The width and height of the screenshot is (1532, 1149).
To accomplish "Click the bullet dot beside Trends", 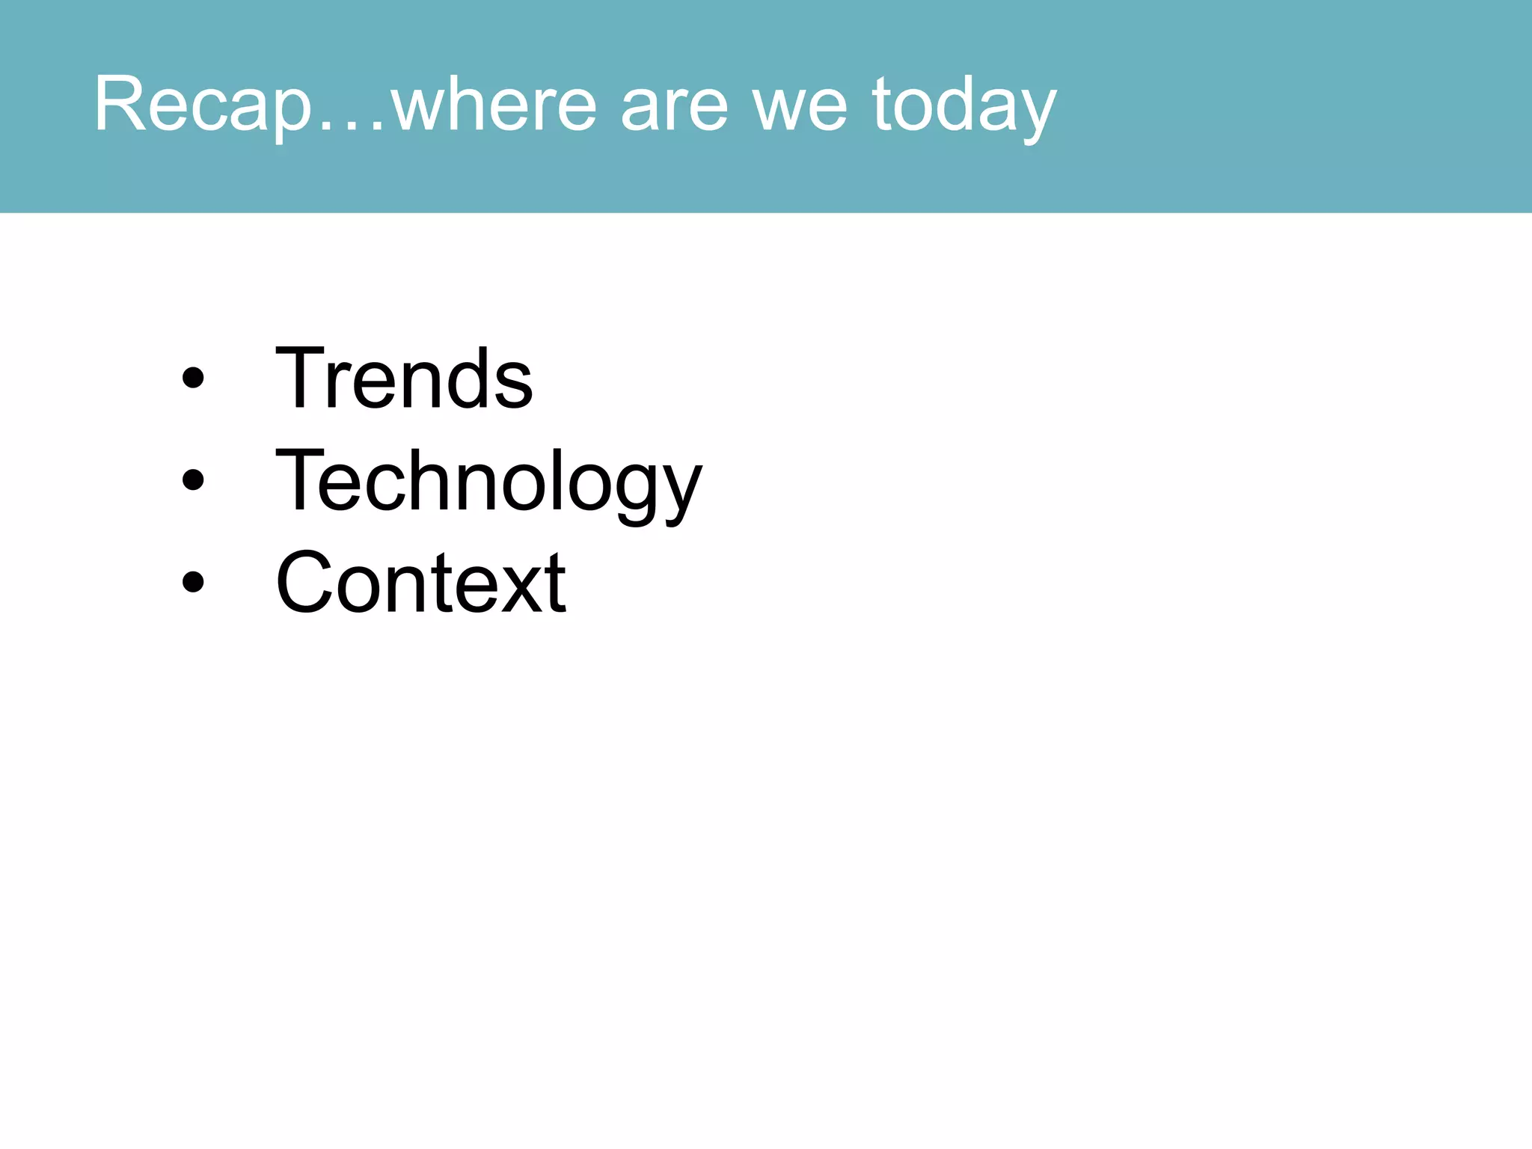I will click(x=192, y=379).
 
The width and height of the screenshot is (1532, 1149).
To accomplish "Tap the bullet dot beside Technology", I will click(x=192, y=480).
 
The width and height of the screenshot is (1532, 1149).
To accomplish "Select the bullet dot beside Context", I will click(x=192, y=582).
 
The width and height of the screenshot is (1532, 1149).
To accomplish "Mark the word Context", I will click(x=420, y=582).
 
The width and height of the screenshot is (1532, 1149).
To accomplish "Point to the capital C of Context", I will click(x=307, y=582).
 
